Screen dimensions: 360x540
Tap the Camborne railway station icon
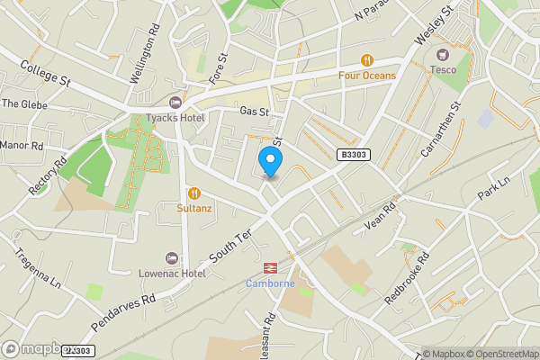pyautogui.click(x=270, y=267)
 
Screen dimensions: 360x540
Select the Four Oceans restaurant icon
pyautogui.click(x=367, y=60)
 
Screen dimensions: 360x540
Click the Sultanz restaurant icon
pyautogui.click(x=193, y=193)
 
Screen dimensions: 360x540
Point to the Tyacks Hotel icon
pyautogui.click(x=175, y=102)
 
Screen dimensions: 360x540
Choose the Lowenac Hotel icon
pyautogui.click(x=172, y=258)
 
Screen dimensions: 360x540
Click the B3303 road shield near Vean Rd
pyautogui.click(x=354, y=156)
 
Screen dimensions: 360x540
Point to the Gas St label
pyautogui.click(x=255, y=111)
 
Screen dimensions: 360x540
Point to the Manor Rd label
pyautogui.click(x=22, y=145)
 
